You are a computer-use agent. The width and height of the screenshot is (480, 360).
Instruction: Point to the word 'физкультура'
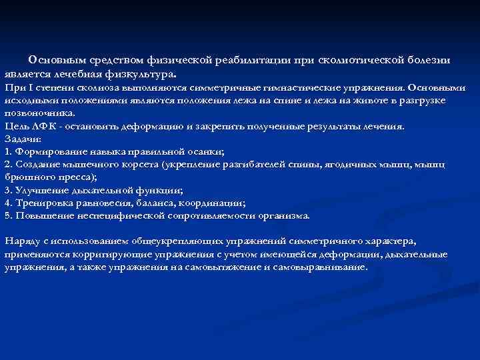pos(143,73)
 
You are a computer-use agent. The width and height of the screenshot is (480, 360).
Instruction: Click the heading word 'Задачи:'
pos(23,139)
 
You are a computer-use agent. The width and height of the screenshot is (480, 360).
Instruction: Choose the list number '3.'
pos(8,190)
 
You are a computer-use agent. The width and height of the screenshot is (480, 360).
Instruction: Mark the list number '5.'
pos(8,215)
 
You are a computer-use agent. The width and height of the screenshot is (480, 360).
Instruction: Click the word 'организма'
pos(285,215)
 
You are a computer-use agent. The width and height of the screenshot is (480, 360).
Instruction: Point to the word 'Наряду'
pos(21,241)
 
